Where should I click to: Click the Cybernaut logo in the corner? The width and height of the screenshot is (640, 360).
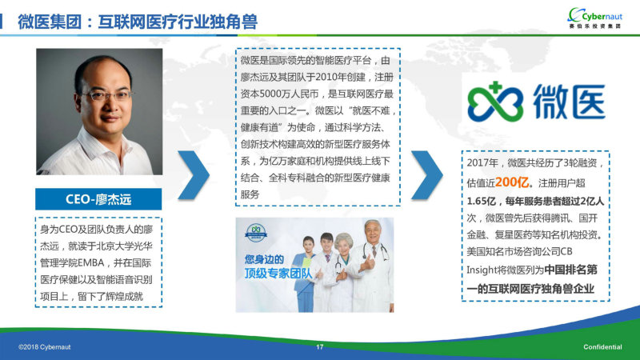tap(595, 18)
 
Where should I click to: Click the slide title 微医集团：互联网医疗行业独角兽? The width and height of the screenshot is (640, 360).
tap(138, 22)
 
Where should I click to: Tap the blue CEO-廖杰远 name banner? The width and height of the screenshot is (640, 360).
tap(98, 199)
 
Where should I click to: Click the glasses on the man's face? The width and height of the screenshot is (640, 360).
tap(106, 96)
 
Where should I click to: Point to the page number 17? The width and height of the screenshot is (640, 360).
tap(319, 347)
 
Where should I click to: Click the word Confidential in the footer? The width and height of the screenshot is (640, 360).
tap(602, 347)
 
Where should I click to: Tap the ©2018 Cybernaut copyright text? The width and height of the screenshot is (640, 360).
tap(45, 347)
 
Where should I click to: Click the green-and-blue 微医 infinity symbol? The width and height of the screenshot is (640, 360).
tap(495, 102)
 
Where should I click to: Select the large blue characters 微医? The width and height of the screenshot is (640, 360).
tap(570, 102)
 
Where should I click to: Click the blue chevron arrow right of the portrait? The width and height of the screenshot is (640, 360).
tap(194, 175)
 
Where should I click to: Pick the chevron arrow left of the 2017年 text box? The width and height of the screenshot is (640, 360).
tap(427, 175)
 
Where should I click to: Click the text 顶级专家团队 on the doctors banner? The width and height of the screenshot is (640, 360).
tap(278, 273)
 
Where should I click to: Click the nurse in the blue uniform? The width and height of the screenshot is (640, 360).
tap(305, 274)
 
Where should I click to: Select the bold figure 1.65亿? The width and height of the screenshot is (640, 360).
tap(482, 202)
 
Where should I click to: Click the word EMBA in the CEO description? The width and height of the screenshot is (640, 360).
tap(91, 263)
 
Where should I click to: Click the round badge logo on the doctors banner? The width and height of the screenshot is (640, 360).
tap(256, 232)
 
